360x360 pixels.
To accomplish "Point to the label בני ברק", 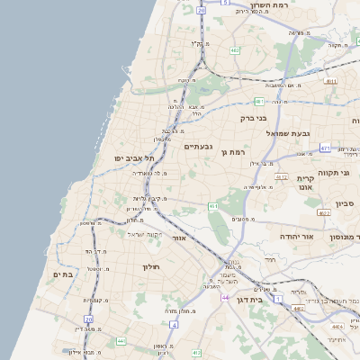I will tap(256, 118).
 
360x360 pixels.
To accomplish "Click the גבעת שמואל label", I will tap(288, 133).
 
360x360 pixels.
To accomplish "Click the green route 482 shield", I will tap(235, 50).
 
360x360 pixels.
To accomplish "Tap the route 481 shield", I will tap(258, 101).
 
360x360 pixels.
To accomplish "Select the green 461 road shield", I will tap(213, 207).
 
